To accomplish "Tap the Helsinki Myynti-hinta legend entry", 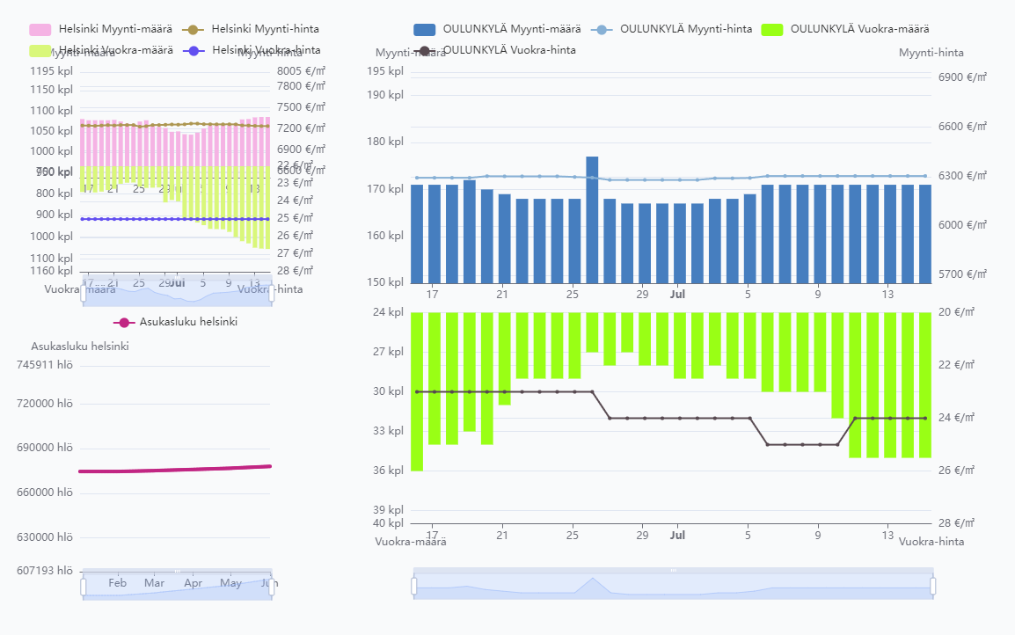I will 252,29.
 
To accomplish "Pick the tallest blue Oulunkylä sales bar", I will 592,219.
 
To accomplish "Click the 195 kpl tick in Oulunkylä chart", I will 385,71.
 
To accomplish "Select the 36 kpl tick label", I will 388,471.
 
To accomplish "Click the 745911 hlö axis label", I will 52,365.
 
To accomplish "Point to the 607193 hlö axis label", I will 52,570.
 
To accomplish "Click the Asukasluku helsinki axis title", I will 80,347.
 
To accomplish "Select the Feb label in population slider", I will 117,583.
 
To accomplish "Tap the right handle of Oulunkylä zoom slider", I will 932,586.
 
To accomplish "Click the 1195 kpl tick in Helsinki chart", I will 53,71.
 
